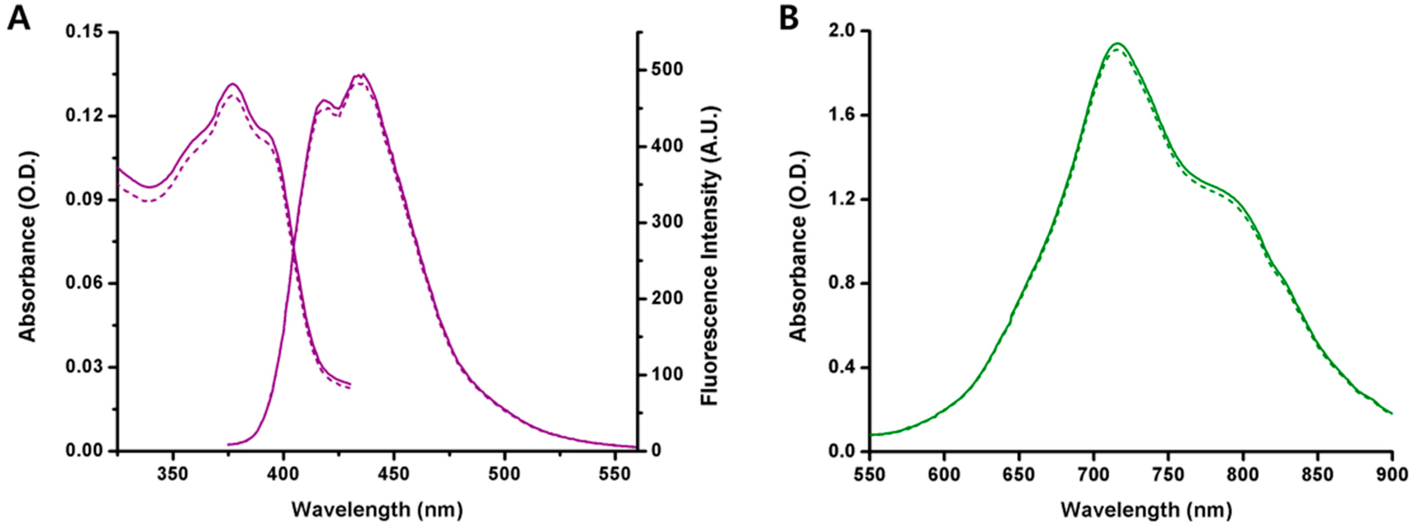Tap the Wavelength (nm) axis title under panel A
[377, 510]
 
